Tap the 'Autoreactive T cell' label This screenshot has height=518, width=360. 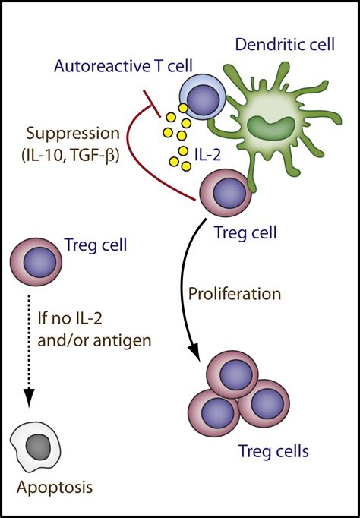[x=123, y=66]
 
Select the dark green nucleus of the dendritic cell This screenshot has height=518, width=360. [x=271, y=128]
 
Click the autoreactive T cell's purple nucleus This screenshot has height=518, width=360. [x=203, y=99]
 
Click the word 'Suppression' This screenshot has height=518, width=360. [x=73, y=134]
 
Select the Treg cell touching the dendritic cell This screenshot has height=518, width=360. [x=226, y=193]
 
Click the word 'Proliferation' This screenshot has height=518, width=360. [x=235, y=293]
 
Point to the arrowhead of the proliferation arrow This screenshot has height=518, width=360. [x=195, y=353]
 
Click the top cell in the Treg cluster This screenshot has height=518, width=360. [x=232, y=375]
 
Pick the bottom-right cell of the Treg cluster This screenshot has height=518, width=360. [x=264, y=403]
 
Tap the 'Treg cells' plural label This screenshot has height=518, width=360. [x=273, y=451]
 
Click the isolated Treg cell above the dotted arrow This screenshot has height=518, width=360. [x=36, y=262]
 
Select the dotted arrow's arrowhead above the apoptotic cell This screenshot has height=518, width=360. [x=30, y=397]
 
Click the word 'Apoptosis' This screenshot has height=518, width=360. [x=55, y=488]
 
